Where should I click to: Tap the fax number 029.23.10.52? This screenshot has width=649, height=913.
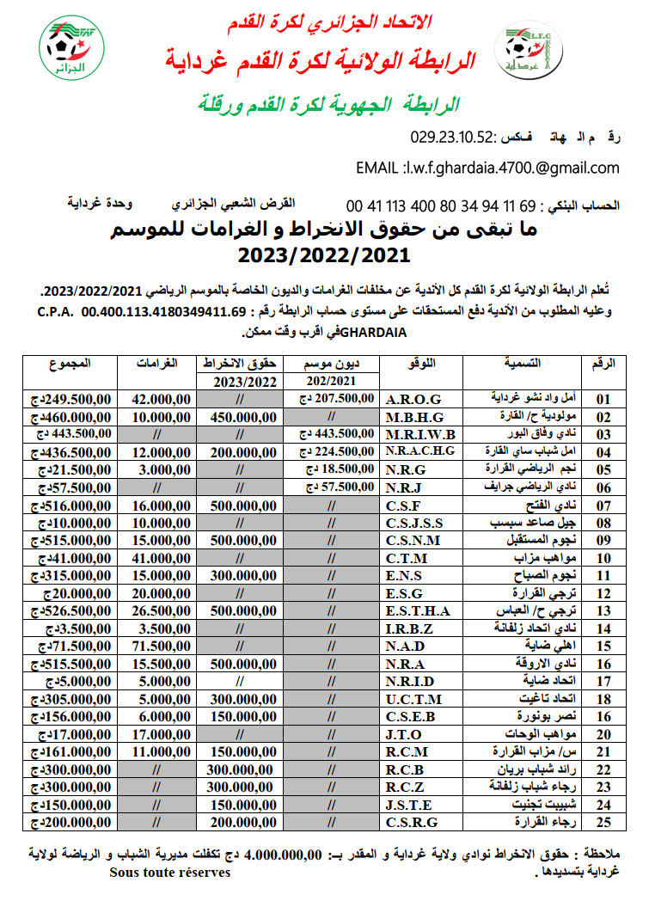tap(451, 137)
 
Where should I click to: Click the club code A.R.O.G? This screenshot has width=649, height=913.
tap(413, 399)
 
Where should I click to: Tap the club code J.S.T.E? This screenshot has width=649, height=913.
tap(409, 806)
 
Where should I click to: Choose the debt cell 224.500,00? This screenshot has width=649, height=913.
tap(336, 450)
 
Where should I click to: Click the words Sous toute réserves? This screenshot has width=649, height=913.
tap(169, 872)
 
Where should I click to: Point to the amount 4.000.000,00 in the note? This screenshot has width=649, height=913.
tap(284, 854)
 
